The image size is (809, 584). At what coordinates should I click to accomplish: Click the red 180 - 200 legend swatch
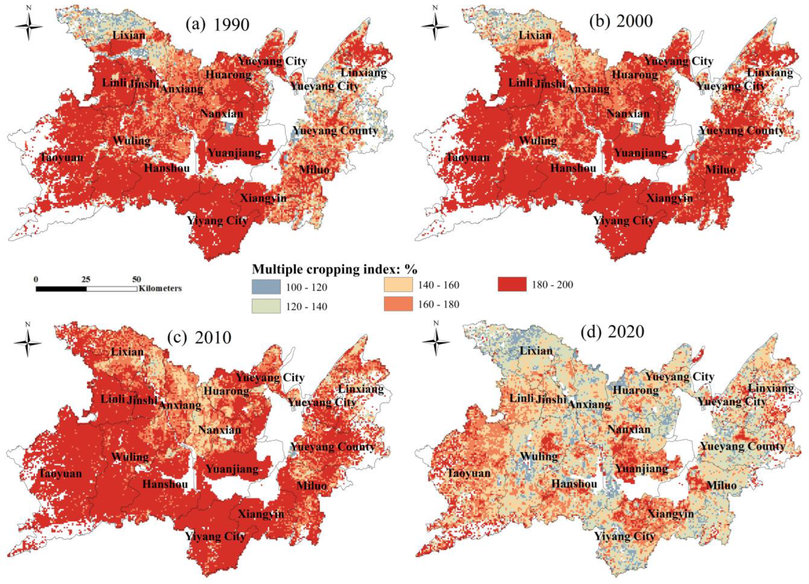(x=512, y=284)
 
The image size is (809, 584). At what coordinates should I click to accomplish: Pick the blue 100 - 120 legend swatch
(x=266, y=287)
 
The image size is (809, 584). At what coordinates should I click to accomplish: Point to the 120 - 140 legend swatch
(x=266, y=306)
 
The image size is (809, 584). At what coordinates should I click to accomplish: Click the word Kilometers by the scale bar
(x=160, y=288)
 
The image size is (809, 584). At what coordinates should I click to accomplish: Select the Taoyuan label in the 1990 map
(x=61, y=157)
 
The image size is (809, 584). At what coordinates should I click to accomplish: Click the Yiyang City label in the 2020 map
(x=624, y=536)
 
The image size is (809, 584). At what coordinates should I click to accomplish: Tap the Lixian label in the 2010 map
(x=127, y=352)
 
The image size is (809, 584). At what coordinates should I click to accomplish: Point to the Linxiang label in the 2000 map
(x=770, y=73)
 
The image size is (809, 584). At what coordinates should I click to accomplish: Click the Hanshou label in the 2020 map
(x=574, y=484)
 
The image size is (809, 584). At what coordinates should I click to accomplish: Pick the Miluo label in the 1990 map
(x=314, y=169)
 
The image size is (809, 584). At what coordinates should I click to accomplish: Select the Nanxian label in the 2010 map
(x=219, y=430)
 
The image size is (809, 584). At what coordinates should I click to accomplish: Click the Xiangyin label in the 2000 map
(x=669, y=198)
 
